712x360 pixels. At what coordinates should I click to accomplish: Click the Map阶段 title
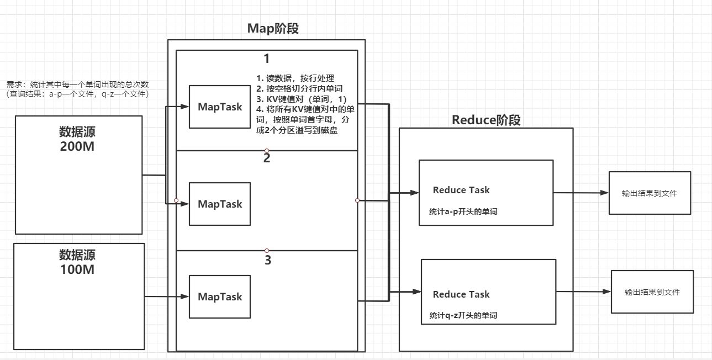pyautogui.click(x=273, y=29)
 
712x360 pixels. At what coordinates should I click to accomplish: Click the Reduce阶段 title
pyautogui.click(x=486, y=120)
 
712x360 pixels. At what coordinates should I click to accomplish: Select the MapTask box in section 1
pyautogui.click(x=220, y=107)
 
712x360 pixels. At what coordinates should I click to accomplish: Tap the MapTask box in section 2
pyautogui.click(x=220, y=204)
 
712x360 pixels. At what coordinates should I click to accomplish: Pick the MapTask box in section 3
pyautogui.click(x=220, y=297)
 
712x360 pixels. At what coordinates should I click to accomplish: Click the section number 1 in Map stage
pyautogui.click(x=267, y=59)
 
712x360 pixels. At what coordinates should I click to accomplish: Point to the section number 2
pyautogui.click(x=267, y=158)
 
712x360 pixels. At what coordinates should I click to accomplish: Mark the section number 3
pyautogui.click(x=268, y=260)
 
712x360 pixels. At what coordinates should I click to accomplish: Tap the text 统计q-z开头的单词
pyautogui.click(x=463, y=315)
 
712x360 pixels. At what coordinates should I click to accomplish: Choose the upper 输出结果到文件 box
pyautogui.click(x=650, y=193)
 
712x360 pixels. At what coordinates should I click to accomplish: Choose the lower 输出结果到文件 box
pyautogui.click(x=652, y=292)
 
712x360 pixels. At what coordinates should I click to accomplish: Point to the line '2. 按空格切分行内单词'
pyautogui.click(x=300, y=88)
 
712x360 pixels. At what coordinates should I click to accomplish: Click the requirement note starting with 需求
pyautogui.click(x=78, y=89)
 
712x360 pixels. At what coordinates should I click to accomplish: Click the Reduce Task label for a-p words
pyautogui.click(x=461, y=190)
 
